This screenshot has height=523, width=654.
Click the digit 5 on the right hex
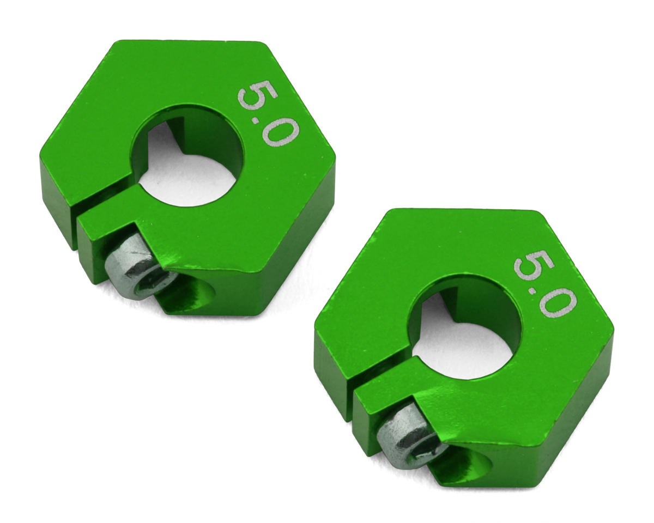(x=534, y=266)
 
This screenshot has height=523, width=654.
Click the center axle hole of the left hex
(x=187, y=156)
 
